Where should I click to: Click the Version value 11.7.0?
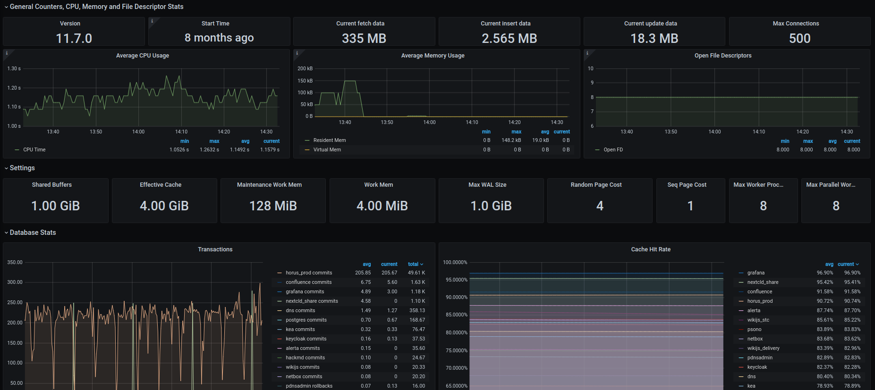[74, 38]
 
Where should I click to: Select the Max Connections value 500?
[799, 38]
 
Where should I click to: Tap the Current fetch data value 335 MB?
[364, 38]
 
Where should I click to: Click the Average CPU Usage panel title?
[143, 56]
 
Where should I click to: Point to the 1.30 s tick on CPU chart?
[14, 69]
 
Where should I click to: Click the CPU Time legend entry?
[34, 150]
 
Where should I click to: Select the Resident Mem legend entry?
[330, 141]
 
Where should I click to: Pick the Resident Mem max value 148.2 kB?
[511, 141]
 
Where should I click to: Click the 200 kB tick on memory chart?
[305, 69]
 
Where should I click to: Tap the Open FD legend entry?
[613, 150]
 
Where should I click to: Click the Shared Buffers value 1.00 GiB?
[56, 206]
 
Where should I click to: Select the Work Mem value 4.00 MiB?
[382, 206]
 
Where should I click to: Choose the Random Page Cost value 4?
[600, 206]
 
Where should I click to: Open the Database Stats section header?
[33, 232]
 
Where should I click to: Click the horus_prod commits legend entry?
[309, 273]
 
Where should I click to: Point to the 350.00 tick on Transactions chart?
[15, 263]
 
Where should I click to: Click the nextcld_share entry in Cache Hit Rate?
[763, 282]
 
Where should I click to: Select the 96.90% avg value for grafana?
[824, 273]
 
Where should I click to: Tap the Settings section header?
[22, 168]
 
